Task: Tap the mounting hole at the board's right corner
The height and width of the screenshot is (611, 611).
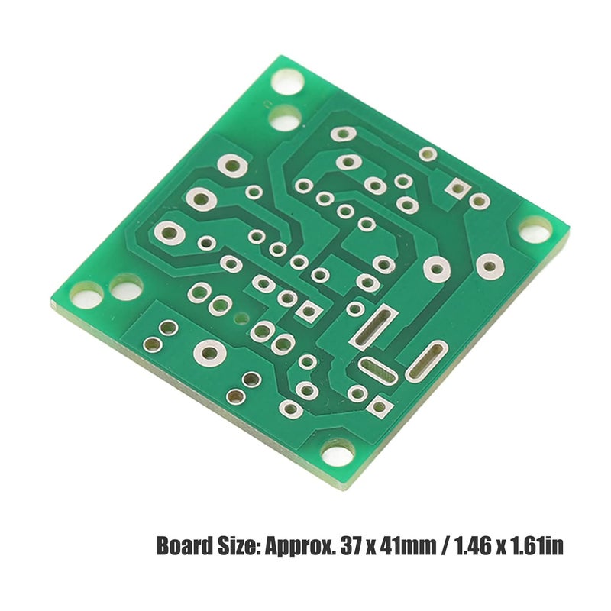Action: tap(534, 228)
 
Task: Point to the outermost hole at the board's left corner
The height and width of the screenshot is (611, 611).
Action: tap(86, 293)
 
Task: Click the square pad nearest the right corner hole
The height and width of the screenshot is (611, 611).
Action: tap(459, 187)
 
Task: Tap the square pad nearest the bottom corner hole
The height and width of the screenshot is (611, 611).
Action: tap(378, 407)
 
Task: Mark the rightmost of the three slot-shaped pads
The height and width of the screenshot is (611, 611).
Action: tap(426, 360)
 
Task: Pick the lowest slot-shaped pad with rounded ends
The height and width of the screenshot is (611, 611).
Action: tap(379, 372)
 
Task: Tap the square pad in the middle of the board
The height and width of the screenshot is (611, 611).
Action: tap(309, 312)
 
